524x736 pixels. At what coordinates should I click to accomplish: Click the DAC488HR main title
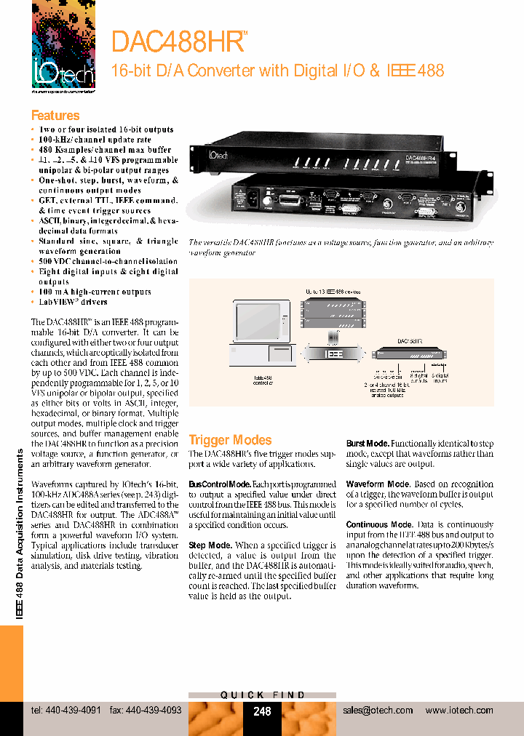[x=178, y=41]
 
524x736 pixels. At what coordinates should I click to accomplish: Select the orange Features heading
[x=55, y=116]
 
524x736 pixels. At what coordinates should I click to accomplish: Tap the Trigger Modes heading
[x=230, y=440]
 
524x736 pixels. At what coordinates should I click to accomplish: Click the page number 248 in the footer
[x=262, y=711]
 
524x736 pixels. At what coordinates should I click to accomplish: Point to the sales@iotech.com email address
[x=377, y=711]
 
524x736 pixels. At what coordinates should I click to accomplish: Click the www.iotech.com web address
[x=458, y=711]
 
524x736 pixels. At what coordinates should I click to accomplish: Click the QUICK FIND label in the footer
[x=263, y=695]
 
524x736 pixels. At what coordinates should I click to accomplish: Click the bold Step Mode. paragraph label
[x=210, y=545]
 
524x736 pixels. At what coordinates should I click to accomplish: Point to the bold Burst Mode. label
[x=368, y=443]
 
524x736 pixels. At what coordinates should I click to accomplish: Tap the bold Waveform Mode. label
[x=377, y=484]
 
